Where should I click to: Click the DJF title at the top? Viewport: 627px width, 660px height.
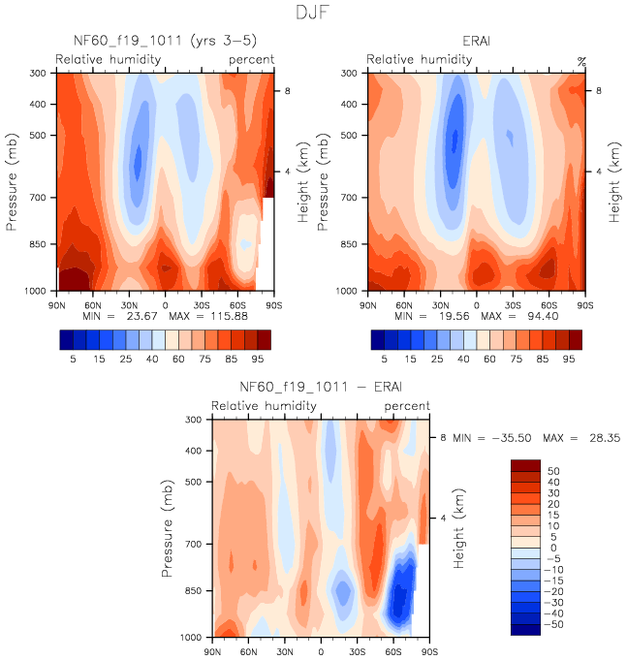point(313,14)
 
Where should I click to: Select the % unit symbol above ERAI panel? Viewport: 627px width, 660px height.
point(581,61)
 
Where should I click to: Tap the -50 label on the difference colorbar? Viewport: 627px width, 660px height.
point(554,627)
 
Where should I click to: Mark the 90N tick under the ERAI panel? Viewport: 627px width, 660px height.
point(367,304)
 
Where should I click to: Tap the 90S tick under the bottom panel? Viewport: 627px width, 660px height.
point(427,651)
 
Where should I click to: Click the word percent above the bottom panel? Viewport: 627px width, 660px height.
point(408,406)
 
